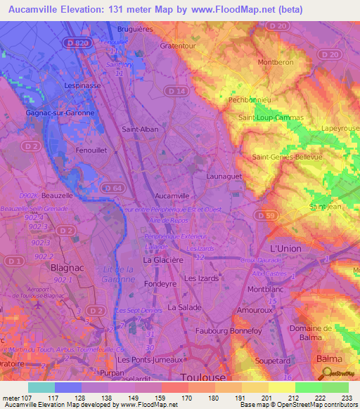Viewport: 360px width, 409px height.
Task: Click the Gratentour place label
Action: (178, 46)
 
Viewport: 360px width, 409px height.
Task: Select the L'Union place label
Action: (285, 250)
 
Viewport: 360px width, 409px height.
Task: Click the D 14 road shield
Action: (179, 92)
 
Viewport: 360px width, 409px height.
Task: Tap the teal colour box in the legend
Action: (41, 387)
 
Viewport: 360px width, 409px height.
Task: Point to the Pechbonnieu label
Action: (248, 100)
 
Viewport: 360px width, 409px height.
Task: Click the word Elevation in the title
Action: (97, 10)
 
